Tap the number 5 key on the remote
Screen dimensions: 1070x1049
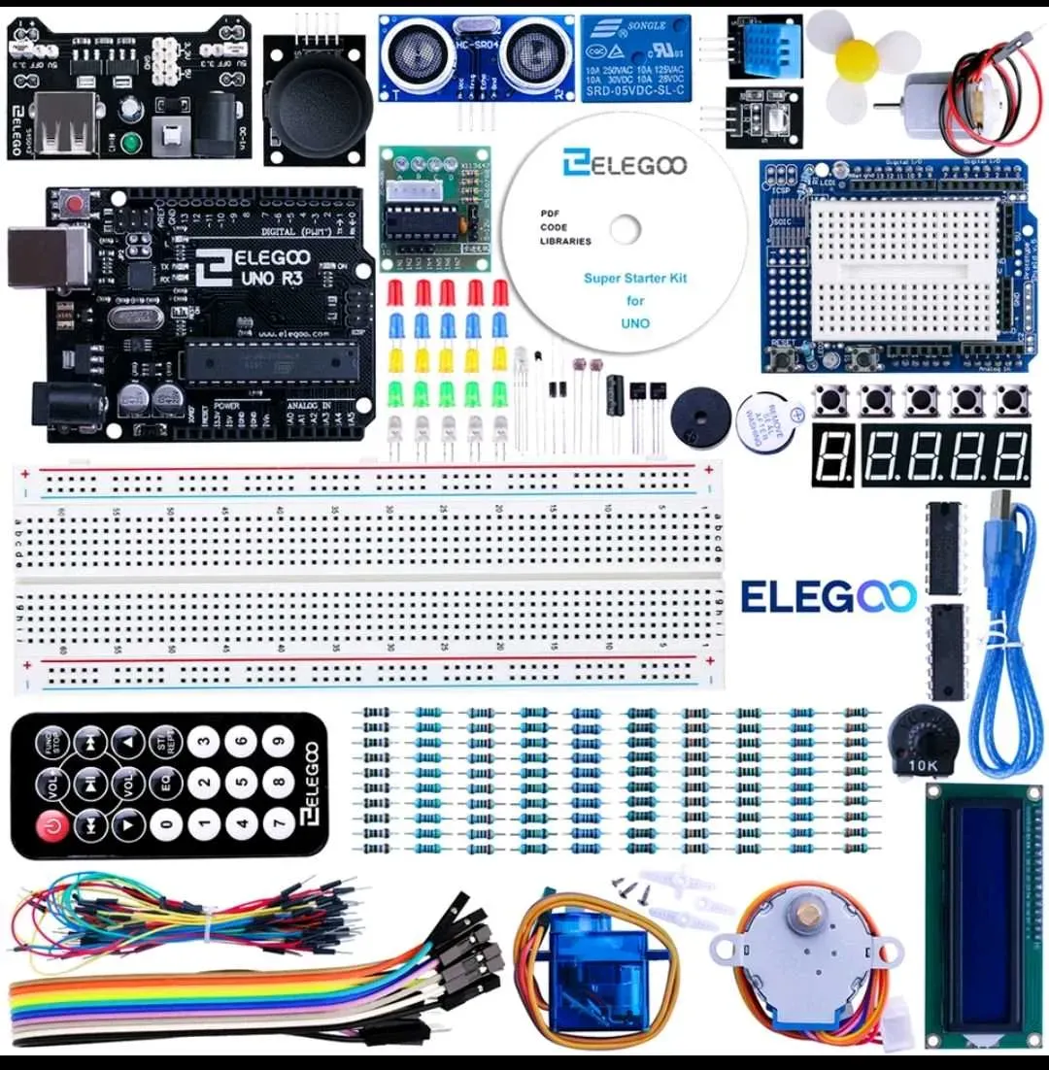[x=241, y=784]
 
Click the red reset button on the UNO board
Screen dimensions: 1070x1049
[x=73, y=205]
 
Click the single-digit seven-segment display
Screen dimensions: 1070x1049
[x=832, y=453]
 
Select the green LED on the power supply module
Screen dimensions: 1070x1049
[x=131, y=144]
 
